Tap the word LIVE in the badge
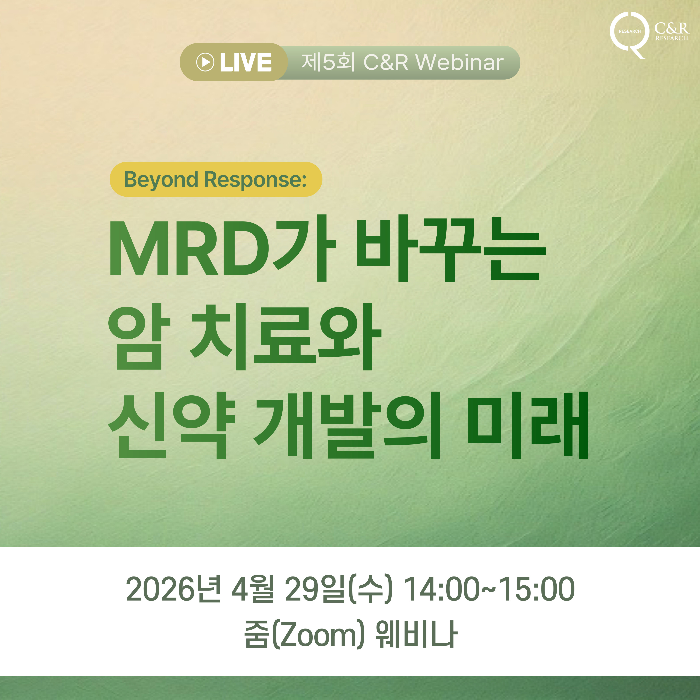pos(246,62)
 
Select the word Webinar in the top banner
pos(459,62)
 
